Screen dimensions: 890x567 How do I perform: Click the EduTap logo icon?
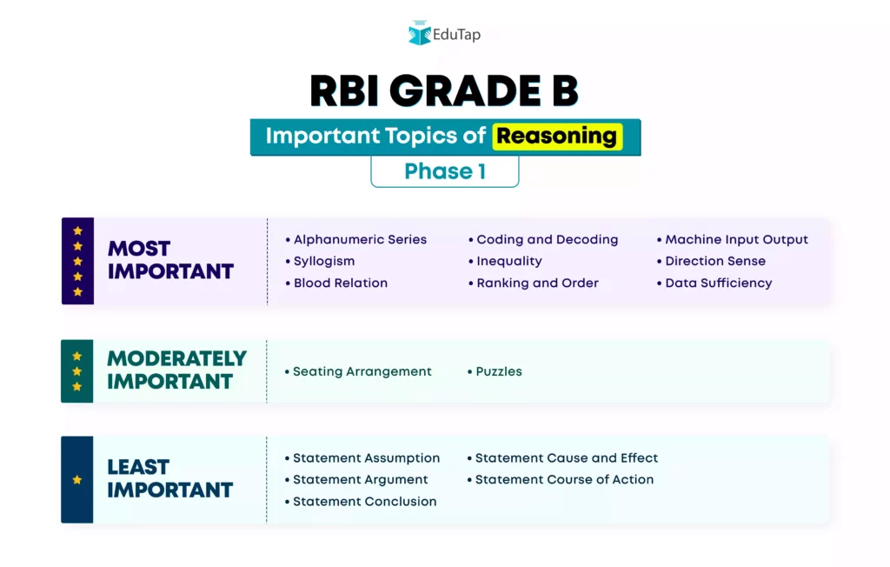click(x=420, y=33)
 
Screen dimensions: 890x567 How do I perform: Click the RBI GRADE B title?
click(x=444, y=91)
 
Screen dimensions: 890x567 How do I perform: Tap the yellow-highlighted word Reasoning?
click(x=557, y=137)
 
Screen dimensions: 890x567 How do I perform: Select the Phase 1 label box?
click(x=445, y=171)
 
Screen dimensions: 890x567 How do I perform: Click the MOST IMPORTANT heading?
click(x=170, y=260)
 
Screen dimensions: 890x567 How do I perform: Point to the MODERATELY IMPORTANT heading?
click(x=176, y=370)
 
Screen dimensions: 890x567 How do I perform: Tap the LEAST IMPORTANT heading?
click(x=169, y=478)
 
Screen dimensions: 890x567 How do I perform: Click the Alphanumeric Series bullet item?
click(x=355, y=239)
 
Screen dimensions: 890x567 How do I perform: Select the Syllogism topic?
click(x=320, y=262)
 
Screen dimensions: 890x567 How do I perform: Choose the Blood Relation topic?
click(x=336, y=283)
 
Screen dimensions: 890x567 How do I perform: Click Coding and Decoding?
click(x=543, y=240)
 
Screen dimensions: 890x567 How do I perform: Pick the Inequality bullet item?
click(x=505, y=262)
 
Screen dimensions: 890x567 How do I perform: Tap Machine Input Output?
click(x=732, y=240)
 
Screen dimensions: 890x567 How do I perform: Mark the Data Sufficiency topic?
click(x=714, y=283)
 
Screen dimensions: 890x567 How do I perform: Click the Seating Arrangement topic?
click(x=358, y=371)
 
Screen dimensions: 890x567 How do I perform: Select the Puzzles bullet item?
click(x=495, y=371)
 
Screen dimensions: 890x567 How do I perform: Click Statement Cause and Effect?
click(x=562, y=458)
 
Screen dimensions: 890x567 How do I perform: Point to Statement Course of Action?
click(x=561, y=479)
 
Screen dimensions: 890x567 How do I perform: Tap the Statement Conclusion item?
click(x=361, y=502)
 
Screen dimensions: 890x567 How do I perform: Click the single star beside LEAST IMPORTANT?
click(x=77, y=479)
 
